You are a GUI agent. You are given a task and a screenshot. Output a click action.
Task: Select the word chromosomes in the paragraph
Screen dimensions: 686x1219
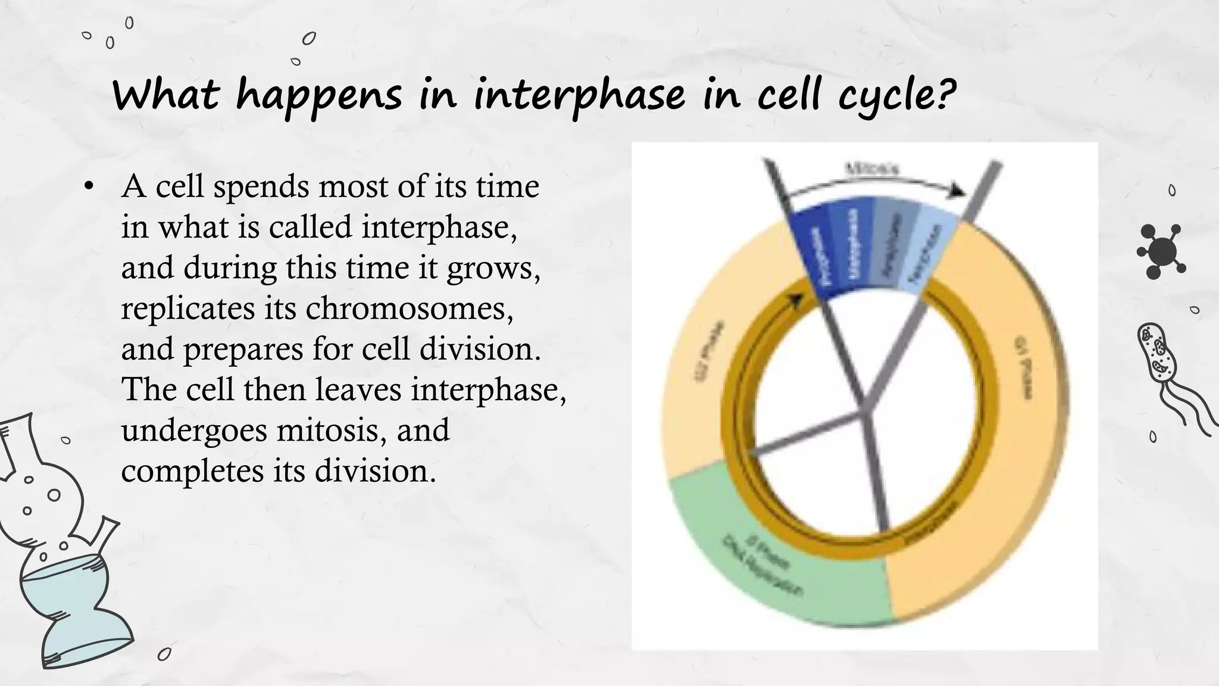click(x=410, y=308)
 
